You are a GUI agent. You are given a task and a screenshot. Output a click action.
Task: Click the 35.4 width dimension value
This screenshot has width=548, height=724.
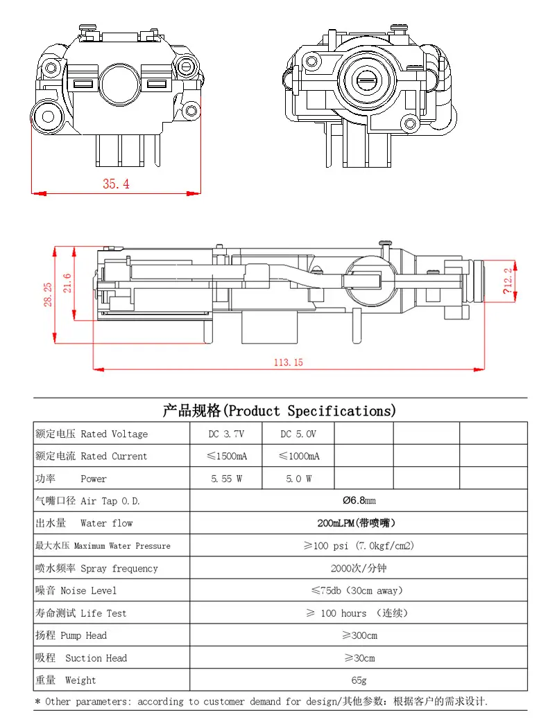tap(116, 184)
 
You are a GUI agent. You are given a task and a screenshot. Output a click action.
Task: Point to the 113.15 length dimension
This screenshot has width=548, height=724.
tap(288, 362)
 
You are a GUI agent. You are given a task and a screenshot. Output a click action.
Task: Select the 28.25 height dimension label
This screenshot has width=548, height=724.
tap(48, 294)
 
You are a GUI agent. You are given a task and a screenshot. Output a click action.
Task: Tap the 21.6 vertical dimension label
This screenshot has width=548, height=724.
tap(67, 283)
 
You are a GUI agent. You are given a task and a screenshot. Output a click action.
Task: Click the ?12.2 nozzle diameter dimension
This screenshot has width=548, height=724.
tap(508, 281)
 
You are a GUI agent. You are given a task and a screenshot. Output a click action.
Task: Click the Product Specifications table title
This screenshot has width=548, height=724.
tap(280, 410)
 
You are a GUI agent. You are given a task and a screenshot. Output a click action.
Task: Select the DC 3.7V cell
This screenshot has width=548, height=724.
tap(226, 434)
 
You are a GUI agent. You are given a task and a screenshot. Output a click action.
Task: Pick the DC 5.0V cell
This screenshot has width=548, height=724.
tap(298, 434)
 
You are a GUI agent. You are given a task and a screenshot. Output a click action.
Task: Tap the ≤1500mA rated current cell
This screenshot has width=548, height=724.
tap(227, 456)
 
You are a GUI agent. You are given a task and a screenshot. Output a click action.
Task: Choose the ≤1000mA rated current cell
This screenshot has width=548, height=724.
tap(299, 456)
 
